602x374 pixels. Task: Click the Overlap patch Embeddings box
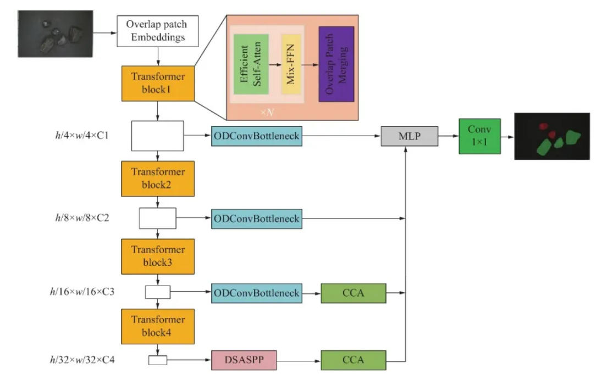(158, 31)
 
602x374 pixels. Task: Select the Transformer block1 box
(158, 83)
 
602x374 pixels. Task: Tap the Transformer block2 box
(158, 178)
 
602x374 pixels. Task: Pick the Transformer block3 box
(158, 256)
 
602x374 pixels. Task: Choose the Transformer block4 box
(158, 326)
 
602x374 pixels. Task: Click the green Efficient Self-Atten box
(251, 64)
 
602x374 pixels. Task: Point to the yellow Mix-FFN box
(291, 64)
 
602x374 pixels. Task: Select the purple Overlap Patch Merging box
(336, 64)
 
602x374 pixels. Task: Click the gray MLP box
(409, 136)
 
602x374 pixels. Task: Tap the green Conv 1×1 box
(479, 136)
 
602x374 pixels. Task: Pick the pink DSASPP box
(244, 360)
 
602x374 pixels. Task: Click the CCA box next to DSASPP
(353, 360)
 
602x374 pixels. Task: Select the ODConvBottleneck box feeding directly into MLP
(256, 136)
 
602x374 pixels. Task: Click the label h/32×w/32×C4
(82, 360)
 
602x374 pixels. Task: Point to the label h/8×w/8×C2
(82, 218)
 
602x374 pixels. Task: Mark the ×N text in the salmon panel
(267, 112)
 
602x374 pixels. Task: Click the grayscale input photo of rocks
(56, 34)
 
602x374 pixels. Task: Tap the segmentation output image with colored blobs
(552, 136)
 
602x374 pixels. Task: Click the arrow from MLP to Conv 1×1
(449, 136)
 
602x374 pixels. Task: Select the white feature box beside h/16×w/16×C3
(157, 292)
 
